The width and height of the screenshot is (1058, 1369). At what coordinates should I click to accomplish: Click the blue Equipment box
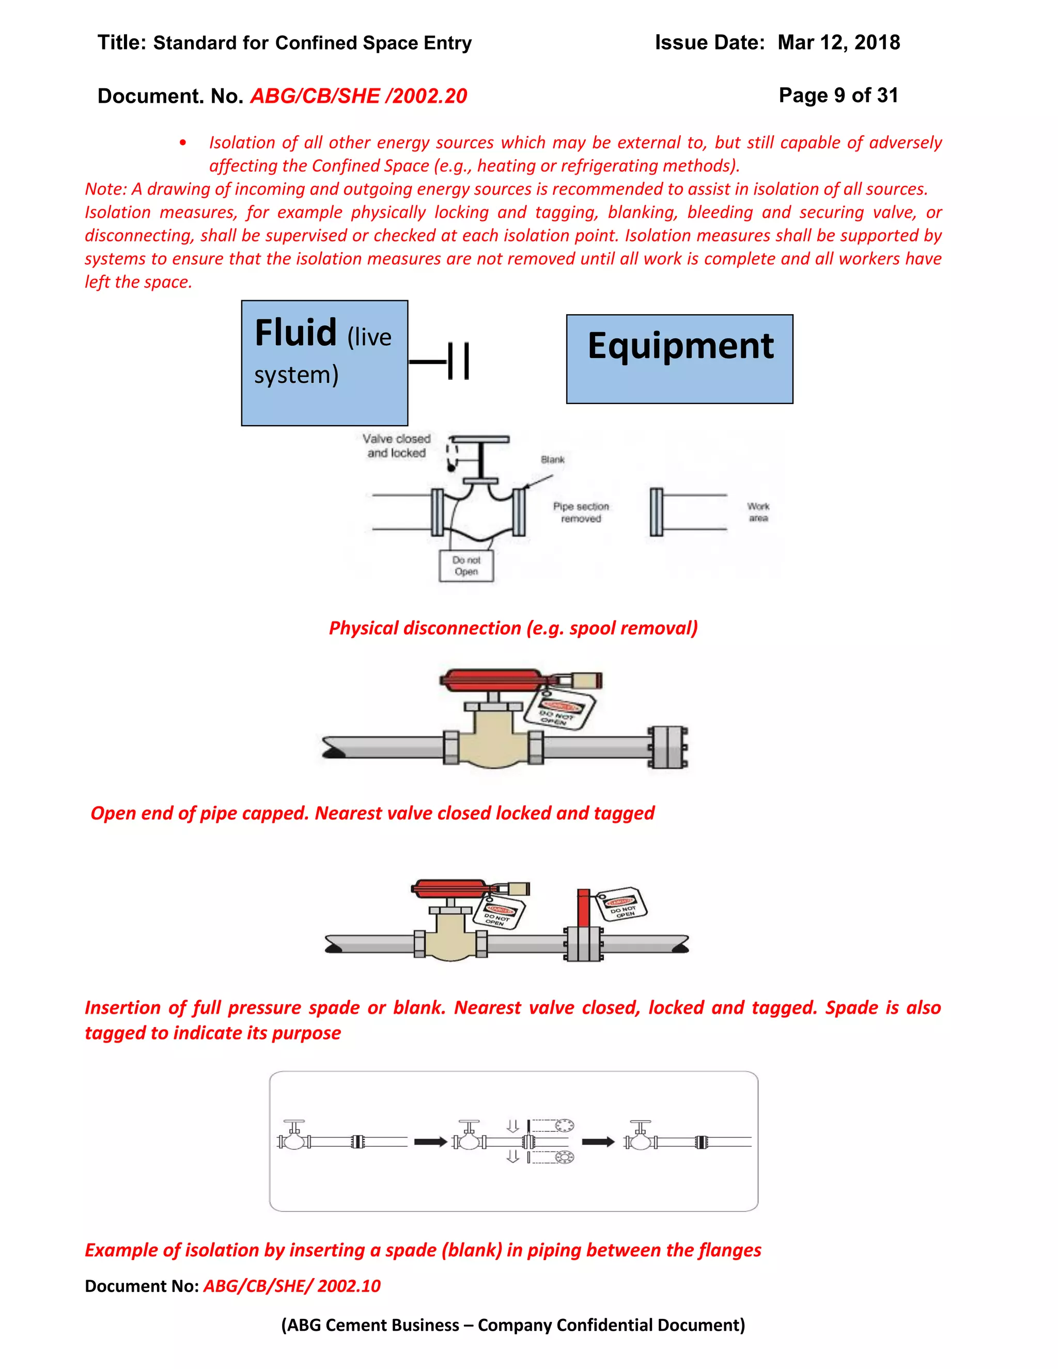pos(679,359)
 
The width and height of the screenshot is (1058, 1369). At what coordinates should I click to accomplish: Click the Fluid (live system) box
pos(324,363)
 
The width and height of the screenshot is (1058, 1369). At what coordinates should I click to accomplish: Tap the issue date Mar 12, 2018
pos(838,43)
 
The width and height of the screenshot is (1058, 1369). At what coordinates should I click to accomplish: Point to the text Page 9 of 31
pos(838,95)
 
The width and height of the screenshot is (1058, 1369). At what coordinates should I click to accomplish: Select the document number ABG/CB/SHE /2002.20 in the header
pos(359,96)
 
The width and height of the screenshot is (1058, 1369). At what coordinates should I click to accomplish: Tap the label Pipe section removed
pos(580,512)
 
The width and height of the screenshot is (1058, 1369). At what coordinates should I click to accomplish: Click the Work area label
pos(758,511)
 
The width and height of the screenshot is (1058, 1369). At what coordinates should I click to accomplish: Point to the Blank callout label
pos(552,459)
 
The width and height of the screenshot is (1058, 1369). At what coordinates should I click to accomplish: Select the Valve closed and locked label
pos(396,446)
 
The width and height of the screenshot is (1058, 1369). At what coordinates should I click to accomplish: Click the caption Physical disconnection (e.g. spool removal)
pos(512,628)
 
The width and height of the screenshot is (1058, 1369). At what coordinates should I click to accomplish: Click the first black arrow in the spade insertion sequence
pos(431,1142)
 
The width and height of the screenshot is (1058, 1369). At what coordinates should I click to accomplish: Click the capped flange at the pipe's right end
pos(667,747)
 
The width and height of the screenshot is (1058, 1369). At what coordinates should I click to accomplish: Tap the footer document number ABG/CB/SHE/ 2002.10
pos(291,1286)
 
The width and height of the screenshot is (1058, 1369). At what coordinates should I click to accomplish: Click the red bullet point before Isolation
pos(182,143)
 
